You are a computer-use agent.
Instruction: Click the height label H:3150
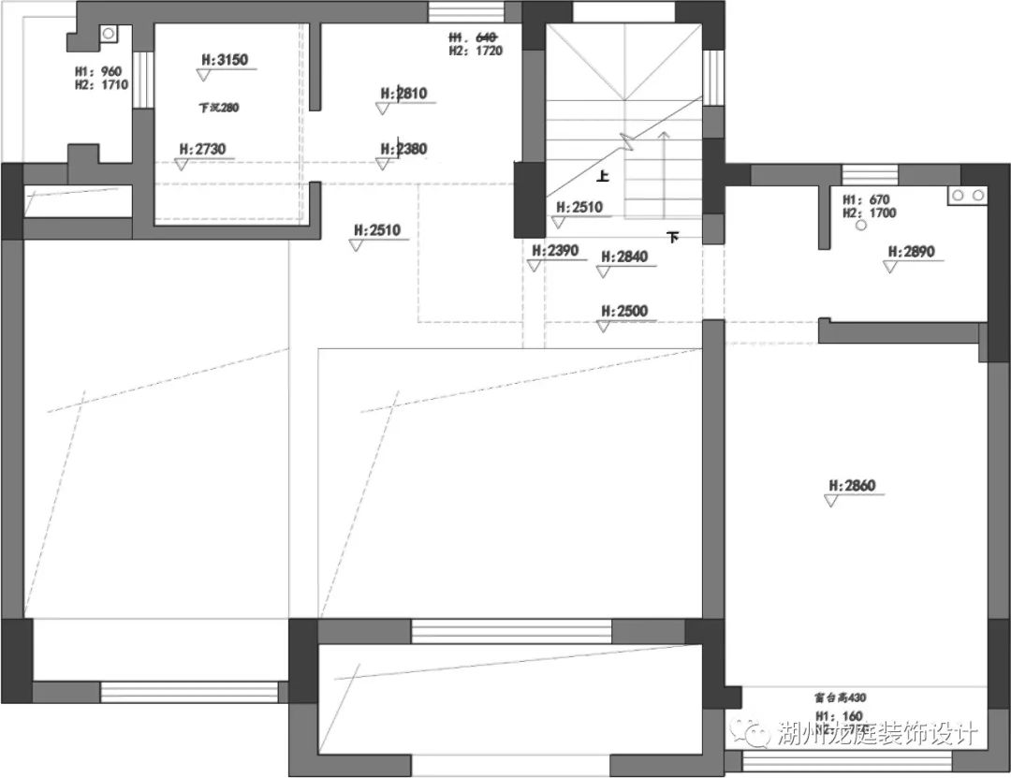(x=224, y=61)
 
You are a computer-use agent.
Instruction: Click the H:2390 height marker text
(x=556, y=251)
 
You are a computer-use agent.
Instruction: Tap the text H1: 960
(x=99, y=71)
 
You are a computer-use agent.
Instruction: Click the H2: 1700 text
(x=870, y=213)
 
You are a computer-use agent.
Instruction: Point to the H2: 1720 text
(x=476, y=51)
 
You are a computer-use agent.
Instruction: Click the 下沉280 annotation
(x=219, y=108)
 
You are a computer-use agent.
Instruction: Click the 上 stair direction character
(x=603, y=175)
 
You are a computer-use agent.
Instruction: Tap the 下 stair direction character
(x=672, y=238)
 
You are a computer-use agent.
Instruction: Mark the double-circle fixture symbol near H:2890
(x=967, y=197)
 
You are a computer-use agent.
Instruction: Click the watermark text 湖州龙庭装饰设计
(x=877, y=734)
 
